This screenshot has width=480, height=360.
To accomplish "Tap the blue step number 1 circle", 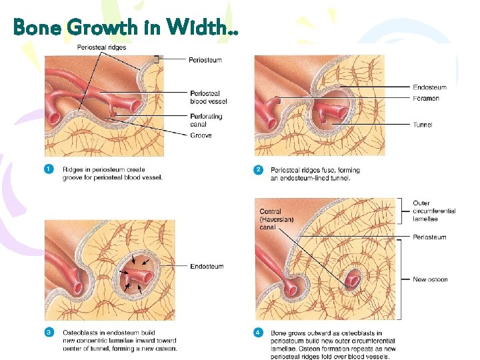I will [x=49, y=170].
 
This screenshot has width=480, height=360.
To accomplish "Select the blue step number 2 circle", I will [x=259, y=170].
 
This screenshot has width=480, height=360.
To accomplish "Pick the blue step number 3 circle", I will [x=49, y=331].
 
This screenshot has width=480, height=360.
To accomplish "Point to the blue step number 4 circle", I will [x=259, y=332].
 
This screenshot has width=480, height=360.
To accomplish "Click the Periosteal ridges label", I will [x=101, y=47].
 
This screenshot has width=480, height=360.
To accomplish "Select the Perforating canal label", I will [x=206, y=120].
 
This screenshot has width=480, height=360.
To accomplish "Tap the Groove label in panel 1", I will [x=201, y=135].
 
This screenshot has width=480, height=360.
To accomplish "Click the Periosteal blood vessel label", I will [x=208, y=97].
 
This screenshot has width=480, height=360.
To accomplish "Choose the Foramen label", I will [x=426, y=99].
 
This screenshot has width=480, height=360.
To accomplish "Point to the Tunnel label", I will [x=423, y=125].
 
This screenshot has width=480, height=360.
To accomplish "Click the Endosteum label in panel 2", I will [x=429, y=87].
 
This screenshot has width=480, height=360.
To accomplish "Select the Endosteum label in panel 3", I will [x=207, y=267].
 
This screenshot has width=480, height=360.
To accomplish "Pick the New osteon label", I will [x=430, y=279].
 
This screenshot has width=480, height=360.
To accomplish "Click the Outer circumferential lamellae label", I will [x=434, y=211].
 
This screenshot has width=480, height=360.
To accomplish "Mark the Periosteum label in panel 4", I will [x=429, y=237].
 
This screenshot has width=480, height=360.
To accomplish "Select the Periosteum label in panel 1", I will [x=205, y=60].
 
